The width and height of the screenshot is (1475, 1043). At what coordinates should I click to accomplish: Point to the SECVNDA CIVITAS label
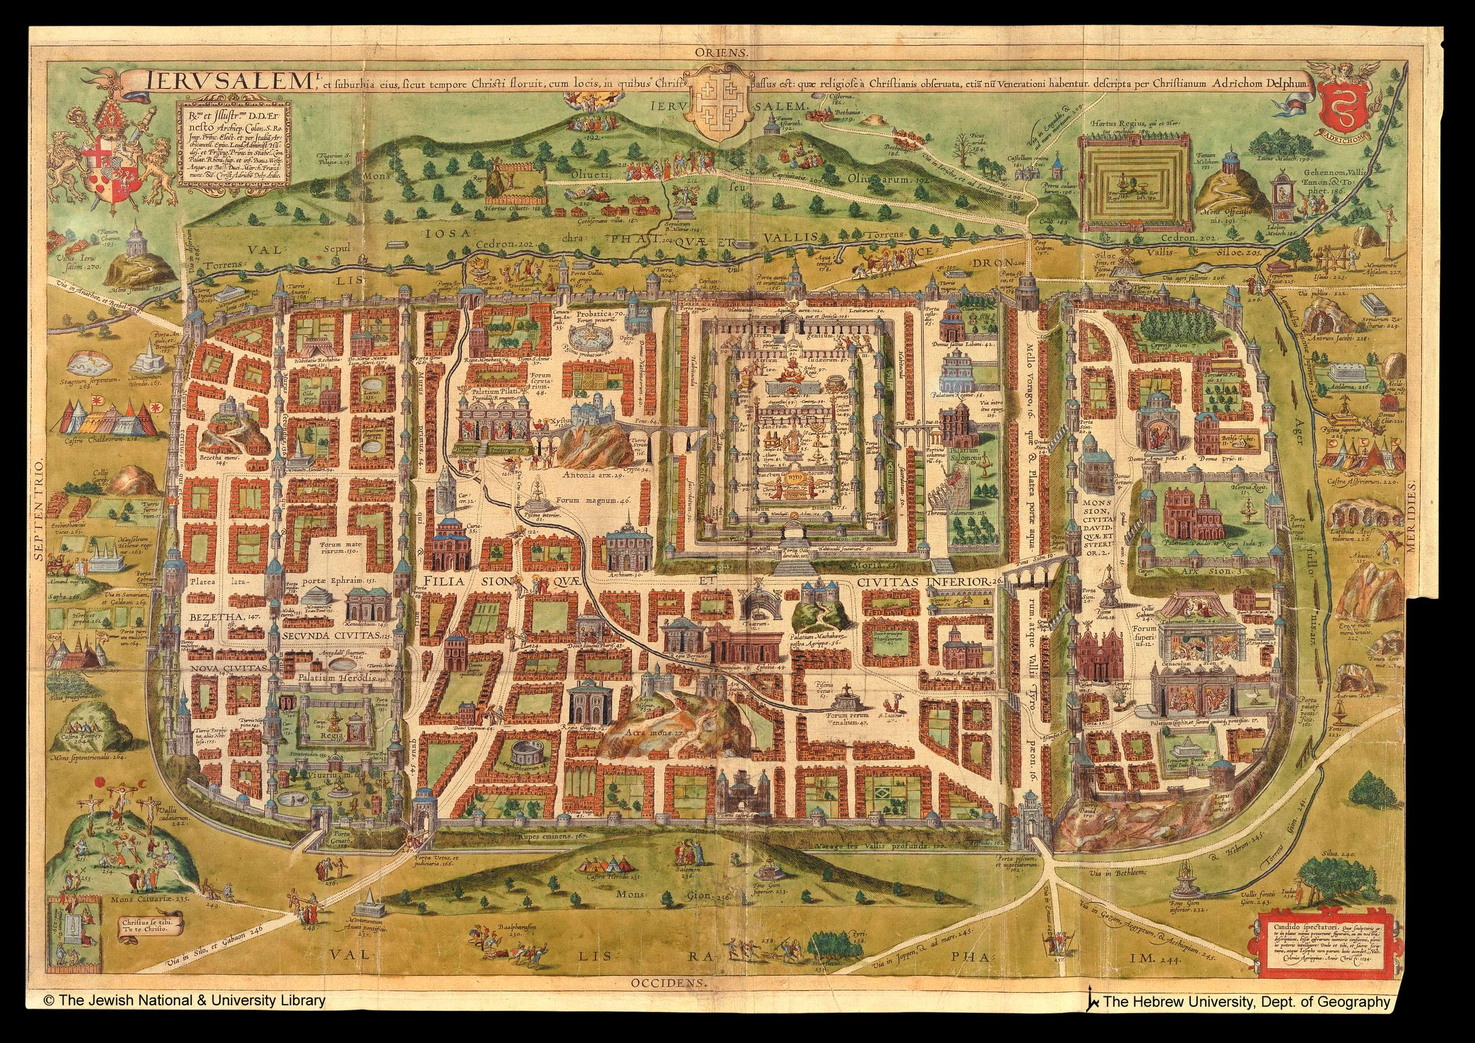[331, 634]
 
